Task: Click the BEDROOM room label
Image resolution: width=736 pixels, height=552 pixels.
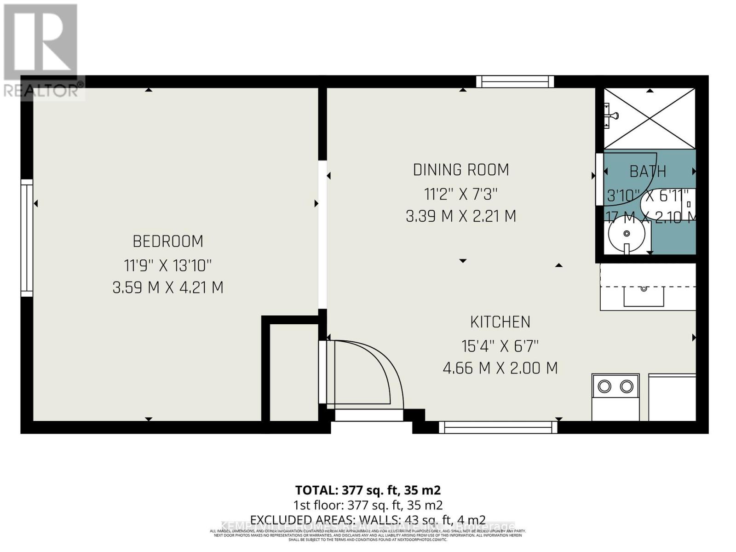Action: click(x=168, y=241)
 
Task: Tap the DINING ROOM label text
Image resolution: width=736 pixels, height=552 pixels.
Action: click(x=461, y=170)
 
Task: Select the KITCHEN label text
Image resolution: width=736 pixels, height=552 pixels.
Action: click(x=500, y=322)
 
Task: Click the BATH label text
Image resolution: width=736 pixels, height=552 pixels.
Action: click(x=648, y=172)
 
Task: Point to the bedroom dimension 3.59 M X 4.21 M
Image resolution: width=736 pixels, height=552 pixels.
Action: click(x=168, y=287)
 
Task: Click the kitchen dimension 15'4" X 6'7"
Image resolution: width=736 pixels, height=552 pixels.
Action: click(x=500, y=345)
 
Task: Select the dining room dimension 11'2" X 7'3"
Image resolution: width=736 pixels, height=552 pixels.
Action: click(x=461, y=194)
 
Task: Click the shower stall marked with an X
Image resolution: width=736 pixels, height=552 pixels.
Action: click(x=650, y=118)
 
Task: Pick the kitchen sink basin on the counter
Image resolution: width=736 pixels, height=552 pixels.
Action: click(x=644, y=296)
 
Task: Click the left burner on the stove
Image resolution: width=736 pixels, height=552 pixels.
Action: click(x=604, y=386)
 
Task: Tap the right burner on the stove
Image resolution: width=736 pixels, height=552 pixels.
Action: click(x=627, y=386)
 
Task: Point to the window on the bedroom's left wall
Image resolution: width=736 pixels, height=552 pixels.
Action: click(x=27, y=237)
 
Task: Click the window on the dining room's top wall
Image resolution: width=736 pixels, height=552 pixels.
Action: click(x=515, y=82)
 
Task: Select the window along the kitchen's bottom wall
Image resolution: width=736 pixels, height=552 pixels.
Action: click(x=498, y=428)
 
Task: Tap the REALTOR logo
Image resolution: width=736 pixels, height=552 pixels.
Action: click(x=41, y=51)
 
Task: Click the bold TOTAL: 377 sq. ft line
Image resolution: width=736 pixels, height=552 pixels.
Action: click(x=368, y=490)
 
